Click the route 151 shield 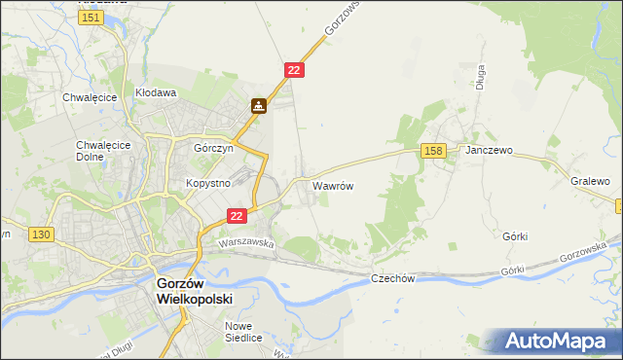point(92,18)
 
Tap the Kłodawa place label point(155,94)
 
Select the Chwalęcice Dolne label point(96,152)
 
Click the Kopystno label point(206,183)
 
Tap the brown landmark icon point(258,105)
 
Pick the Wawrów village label point(332,185)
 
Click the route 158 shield point(434,150)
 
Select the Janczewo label point(489,152)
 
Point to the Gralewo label point(590,181)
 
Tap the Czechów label point(393,278)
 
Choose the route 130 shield point(41,234)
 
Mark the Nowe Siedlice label point(244,332)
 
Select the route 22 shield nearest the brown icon point(295,70)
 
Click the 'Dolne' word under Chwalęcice point(96,159)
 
